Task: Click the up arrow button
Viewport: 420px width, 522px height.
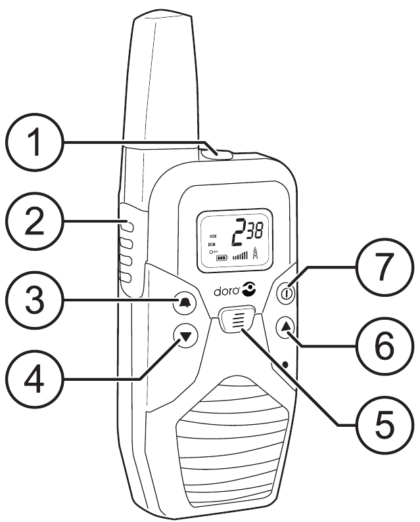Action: click(x=285, y=326)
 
